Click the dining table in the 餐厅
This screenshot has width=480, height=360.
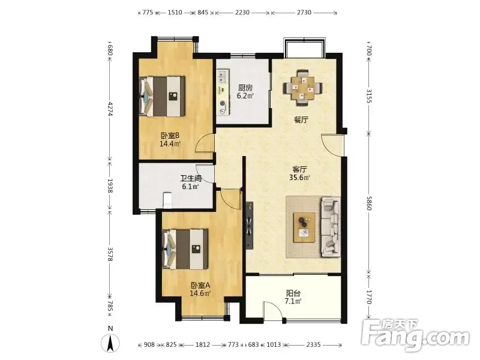302,88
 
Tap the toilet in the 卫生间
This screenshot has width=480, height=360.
167,200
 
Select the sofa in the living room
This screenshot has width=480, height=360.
331,227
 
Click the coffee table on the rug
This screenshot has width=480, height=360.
304,227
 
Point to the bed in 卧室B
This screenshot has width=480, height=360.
163,96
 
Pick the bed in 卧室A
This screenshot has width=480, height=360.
185,249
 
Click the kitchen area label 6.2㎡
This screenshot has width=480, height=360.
245,96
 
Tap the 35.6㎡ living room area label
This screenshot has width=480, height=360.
299,177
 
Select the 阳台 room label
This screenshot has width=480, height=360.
293,293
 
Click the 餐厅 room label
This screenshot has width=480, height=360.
301,119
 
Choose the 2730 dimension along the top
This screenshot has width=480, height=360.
304,13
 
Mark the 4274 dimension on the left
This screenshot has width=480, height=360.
110,109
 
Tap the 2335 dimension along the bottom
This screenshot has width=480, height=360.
313,344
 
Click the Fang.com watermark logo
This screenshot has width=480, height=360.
415,335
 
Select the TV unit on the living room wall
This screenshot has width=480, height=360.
250,226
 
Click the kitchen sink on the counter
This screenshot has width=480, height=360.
222,77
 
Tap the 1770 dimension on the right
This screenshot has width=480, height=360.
369,297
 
